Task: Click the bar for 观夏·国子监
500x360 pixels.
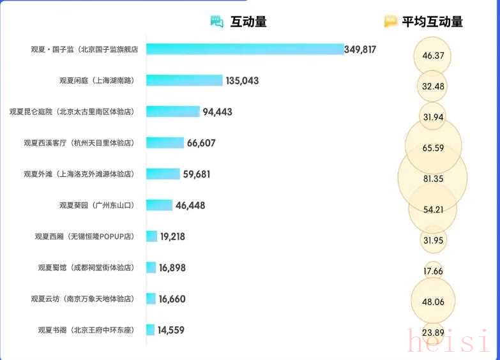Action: click(245, 49)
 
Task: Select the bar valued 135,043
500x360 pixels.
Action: click(185, 80)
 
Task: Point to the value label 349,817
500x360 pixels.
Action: click(360, 49)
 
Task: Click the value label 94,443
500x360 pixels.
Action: click(217, 112)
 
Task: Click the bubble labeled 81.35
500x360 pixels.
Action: click(433, 179)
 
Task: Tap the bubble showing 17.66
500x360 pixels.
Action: click(433, 271)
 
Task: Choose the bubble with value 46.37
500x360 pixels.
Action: click(433, 56)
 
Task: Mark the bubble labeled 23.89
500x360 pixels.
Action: click(433, 333)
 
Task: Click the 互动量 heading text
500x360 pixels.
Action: click(248, 22)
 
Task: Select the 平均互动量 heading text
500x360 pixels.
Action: click(432, 22)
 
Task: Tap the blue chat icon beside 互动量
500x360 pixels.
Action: click(217, 22)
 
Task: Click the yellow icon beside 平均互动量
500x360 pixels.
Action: click(391, 22)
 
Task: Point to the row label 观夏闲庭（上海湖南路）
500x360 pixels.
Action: click(96, 80)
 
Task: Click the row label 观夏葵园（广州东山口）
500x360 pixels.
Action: click(96, 205)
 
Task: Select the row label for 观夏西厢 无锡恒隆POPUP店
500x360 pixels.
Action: click(85, 236)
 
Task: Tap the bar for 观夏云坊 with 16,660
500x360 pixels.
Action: click(151, 299)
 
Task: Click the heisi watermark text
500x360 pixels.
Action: click(449, 340)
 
